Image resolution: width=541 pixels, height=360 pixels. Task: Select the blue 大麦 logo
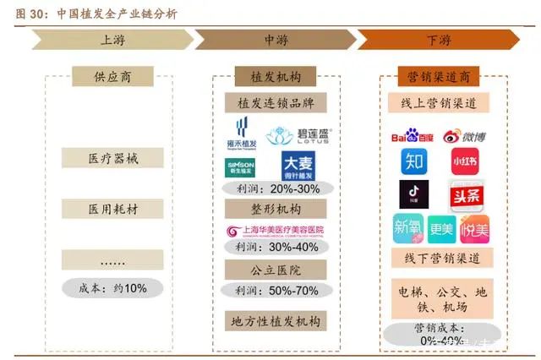click(299, 166)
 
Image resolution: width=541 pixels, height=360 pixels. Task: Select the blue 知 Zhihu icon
click(414, 161)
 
